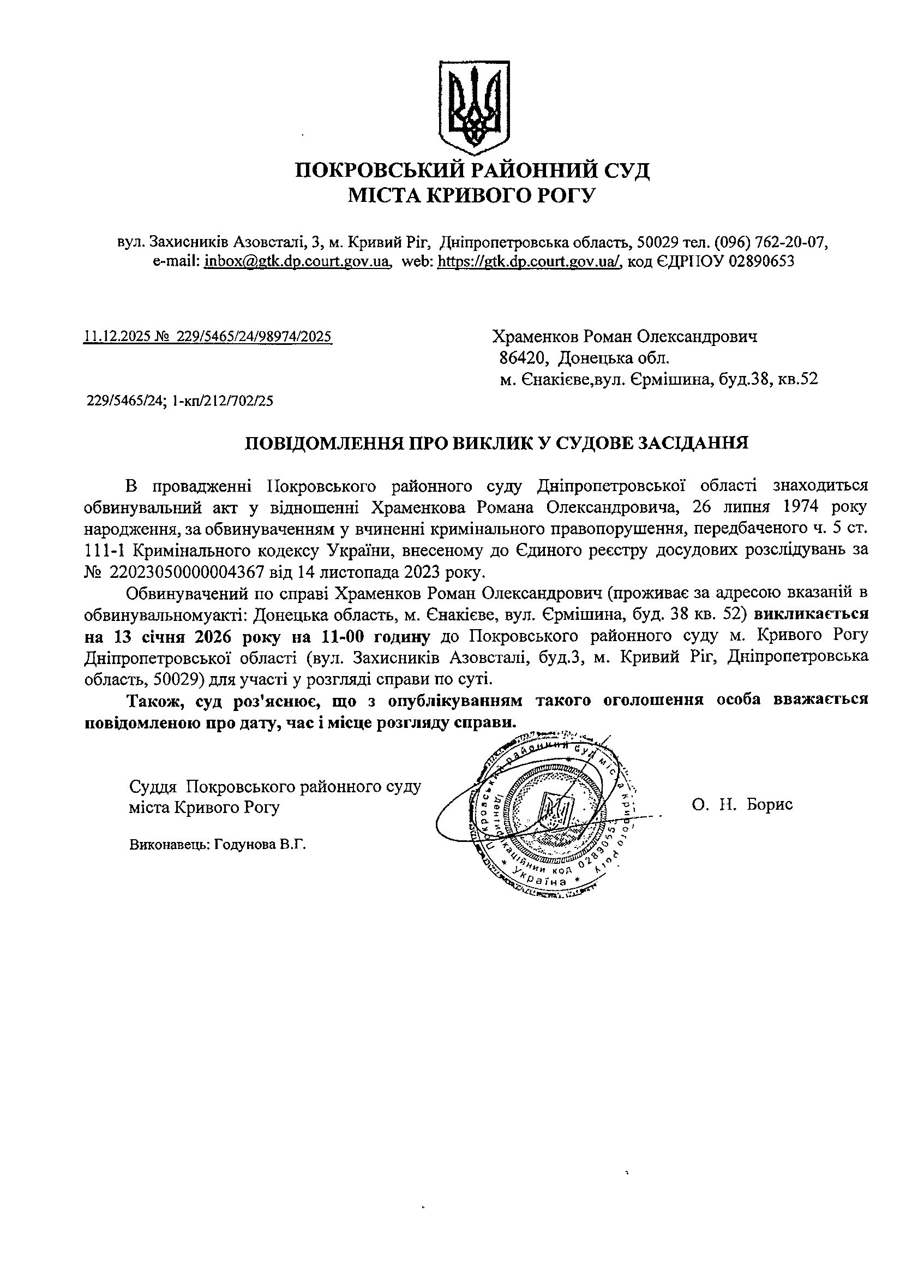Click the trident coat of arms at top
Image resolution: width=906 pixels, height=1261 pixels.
pos(473,106)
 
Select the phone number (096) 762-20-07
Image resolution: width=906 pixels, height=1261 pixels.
pos(770,242)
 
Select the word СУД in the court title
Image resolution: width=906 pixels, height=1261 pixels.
pos(626,170)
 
